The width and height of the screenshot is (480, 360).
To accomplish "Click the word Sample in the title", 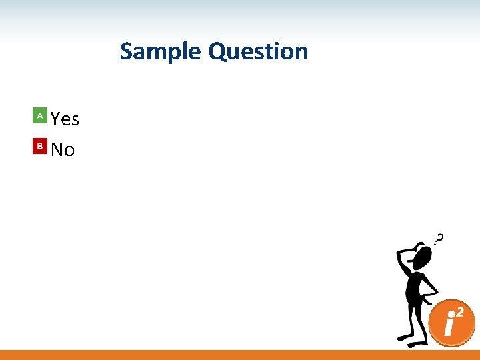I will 162,51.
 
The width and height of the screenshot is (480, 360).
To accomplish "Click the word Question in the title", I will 259,51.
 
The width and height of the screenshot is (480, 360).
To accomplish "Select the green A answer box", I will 40,116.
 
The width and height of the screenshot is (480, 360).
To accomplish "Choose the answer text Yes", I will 65,119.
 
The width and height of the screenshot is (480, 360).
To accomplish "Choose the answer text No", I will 63,150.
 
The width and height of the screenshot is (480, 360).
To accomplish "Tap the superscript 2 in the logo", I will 461,311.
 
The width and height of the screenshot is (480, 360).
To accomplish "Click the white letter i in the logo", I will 450,326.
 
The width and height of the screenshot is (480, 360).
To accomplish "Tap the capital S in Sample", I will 127,51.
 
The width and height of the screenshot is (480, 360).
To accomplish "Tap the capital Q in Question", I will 218,51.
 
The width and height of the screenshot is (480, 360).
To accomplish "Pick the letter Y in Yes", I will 56,119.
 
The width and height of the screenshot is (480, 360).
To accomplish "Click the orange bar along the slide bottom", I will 240,355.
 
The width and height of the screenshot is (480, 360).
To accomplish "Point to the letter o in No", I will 69,151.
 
